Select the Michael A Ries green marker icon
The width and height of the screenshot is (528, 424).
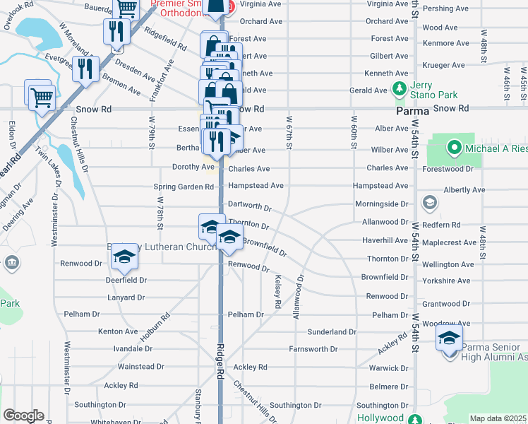coord(454,148)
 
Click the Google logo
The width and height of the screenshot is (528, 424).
coord(23,416)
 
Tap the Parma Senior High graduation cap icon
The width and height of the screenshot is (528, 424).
coord(449,339)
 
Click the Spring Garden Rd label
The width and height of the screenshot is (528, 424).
coord(184,187)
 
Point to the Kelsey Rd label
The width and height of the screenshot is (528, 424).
coord(278,291)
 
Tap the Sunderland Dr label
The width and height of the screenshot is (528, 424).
coord(332,331)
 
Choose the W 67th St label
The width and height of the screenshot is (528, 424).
coord(289,132)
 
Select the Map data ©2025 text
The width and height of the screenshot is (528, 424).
coord(498,418)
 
